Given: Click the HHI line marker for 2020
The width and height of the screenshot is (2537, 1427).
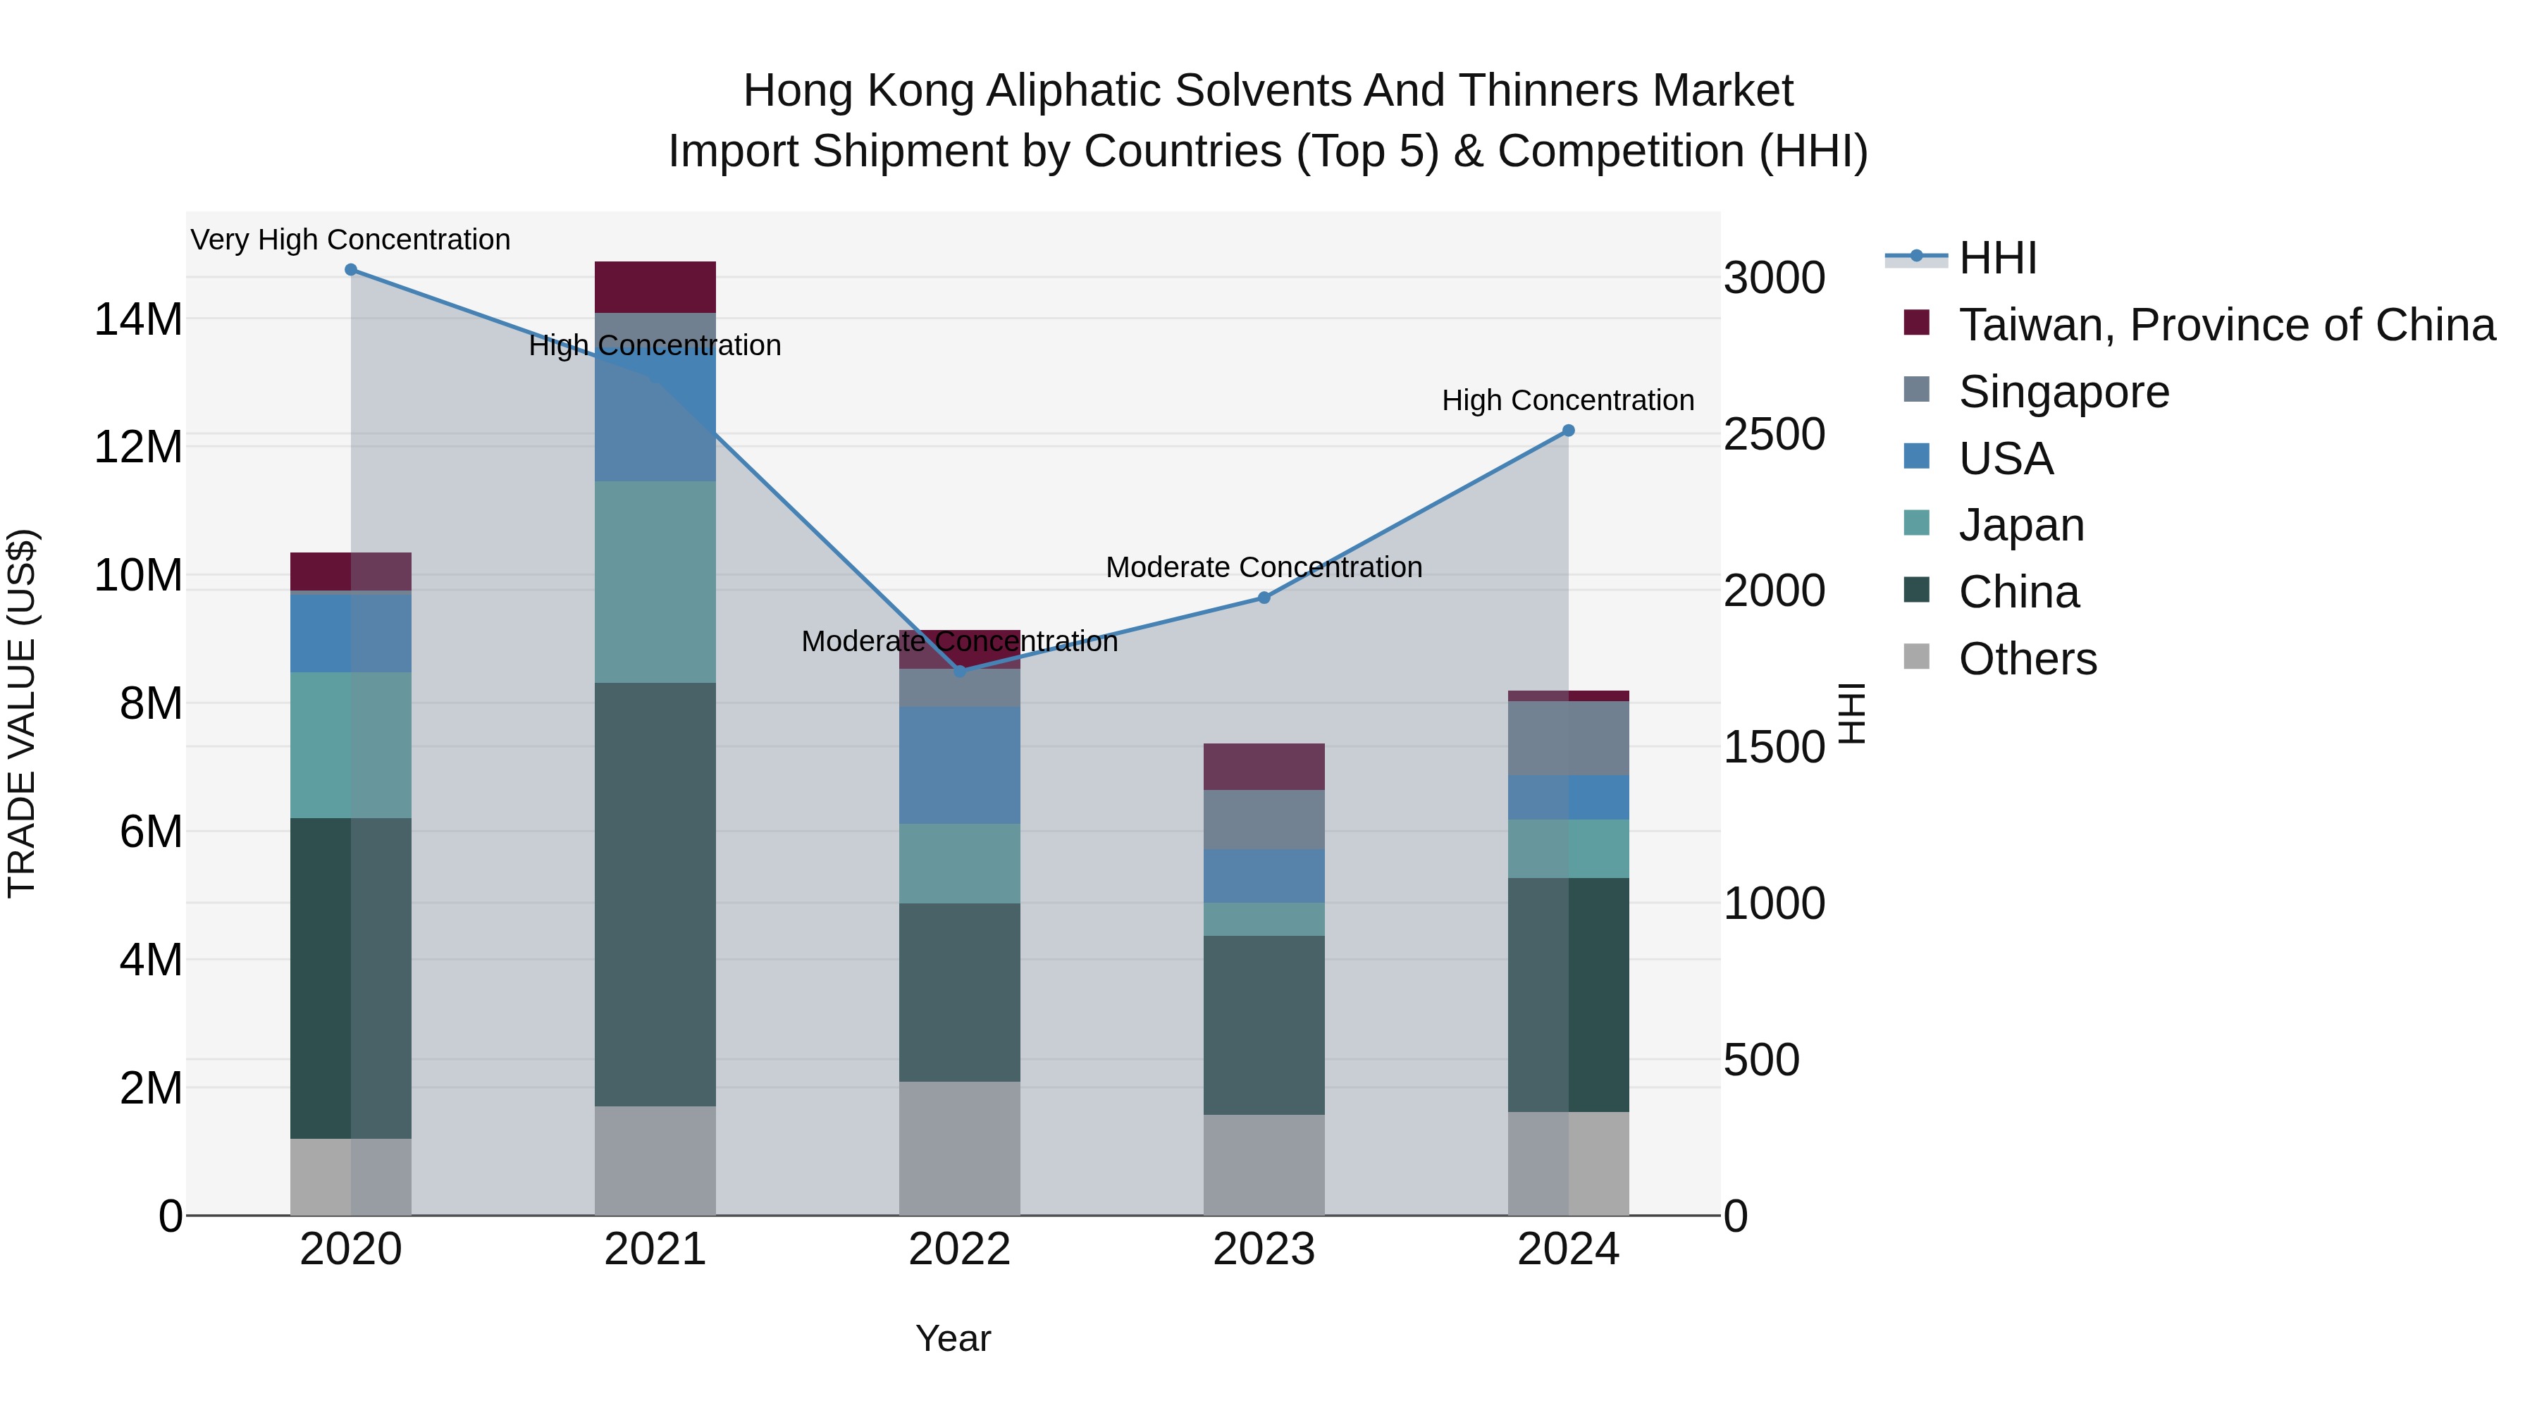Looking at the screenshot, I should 351,270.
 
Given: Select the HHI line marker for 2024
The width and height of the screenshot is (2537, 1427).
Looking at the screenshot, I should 1569,431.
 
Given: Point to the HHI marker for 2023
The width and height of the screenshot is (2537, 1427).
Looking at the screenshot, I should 1264,598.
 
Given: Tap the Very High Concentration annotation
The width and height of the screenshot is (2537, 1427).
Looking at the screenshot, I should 351,240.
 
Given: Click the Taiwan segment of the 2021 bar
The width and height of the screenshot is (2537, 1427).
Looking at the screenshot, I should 655,287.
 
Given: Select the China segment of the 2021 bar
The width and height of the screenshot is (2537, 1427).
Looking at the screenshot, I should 655,894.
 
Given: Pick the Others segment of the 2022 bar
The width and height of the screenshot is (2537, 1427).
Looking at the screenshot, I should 959,1149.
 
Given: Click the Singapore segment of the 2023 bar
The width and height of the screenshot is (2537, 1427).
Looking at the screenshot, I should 1264,820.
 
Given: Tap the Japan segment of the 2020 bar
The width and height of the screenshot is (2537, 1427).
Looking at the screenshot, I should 351,745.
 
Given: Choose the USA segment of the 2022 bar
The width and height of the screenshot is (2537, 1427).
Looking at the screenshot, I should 959,764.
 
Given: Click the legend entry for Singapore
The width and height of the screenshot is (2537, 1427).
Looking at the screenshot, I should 2063,392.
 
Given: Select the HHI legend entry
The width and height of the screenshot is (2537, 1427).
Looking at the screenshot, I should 1997,258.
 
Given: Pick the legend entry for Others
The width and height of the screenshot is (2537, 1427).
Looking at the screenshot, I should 2027,659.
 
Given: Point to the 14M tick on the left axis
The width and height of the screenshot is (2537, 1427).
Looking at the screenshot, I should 138,320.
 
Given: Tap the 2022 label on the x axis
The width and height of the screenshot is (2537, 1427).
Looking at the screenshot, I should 959,1249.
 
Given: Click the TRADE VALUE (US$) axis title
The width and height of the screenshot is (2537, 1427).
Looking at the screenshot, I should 23,713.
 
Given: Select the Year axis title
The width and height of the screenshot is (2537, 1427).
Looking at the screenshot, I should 952,1338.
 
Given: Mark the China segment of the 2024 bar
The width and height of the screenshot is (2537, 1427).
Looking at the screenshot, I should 1569,994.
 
